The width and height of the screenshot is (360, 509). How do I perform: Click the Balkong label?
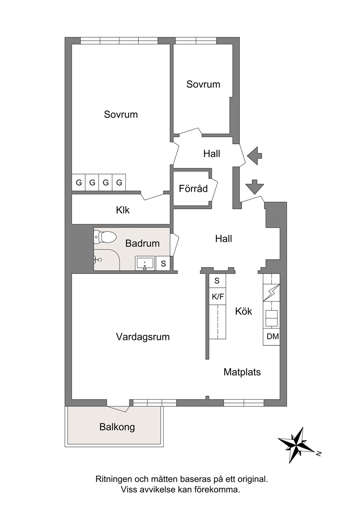coord(117,427)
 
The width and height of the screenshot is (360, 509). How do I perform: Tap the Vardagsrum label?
coord(143,337)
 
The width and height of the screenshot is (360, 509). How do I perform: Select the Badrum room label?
coord(143,243)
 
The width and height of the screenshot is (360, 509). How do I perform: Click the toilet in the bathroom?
coord(105,237)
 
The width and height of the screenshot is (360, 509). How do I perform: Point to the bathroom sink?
coord(145,263)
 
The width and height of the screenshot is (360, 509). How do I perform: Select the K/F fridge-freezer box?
coord(217,296)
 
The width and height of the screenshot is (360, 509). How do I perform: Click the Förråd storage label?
coord(193,189)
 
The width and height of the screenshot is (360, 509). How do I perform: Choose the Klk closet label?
coord(123,210)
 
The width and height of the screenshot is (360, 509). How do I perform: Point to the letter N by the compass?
coord(319,454)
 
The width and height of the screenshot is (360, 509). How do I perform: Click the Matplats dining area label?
coord(242,372)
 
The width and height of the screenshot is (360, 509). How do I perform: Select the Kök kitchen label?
coord(244,311)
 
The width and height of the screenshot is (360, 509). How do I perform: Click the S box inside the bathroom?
coord(163,263)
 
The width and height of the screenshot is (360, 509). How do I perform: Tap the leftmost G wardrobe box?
coord(79,182)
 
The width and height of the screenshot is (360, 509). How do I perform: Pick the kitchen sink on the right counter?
coord(271,319)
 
